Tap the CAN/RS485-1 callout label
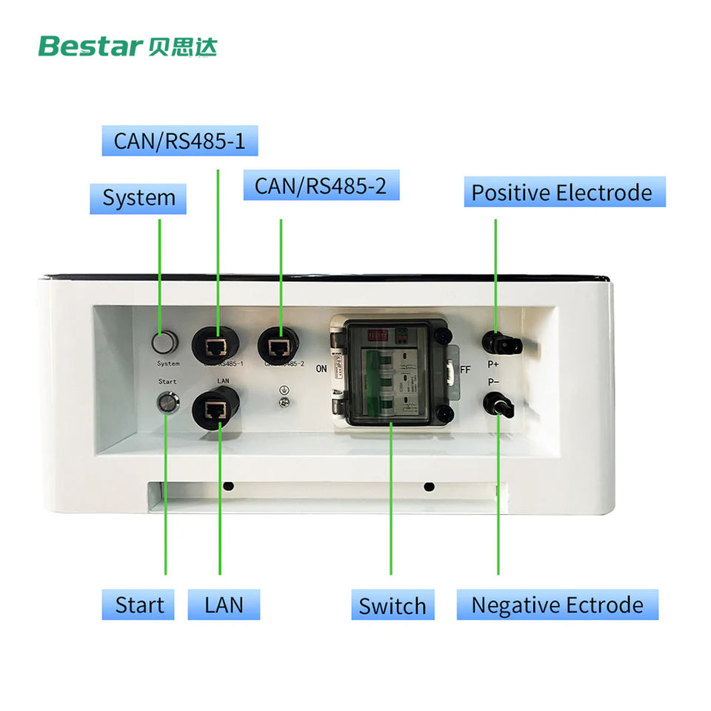(x=179, y=141)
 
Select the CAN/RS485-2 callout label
(x=321, y=185)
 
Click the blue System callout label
(x=138, y=198)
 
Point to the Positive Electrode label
(x=561, y=193)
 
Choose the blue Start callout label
(x=138, y=605)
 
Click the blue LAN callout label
(x=224, y=605)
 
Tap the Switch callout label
(x=392, y=606)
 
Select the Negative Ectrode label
(x=557, y=605)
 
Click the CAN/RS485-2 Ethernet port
(x=278, y=344)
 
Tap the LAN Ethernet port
(x=216, y=407)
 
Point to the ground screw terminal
(x=283, y=402)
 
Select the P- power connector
(x=497, y=404)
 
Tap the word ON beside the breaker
(x=321, y=368)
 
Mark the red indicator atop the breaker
(x=368, y=335)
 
